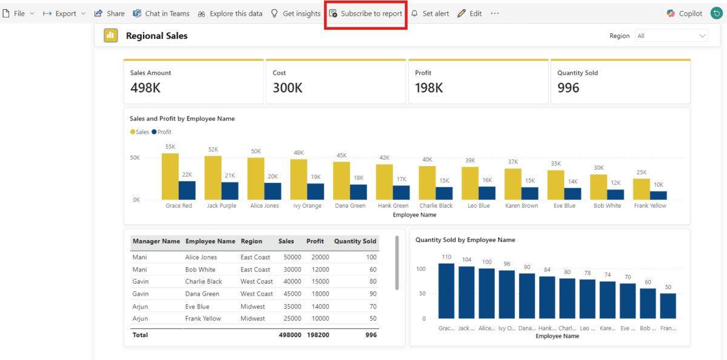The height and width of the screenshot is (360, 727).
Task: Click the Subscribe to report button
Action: pos(366,13)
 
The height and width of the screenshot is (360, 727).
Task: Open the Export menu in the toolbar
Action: pos(64,13)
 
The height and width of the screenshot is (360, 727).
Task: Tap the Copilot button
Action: pos(685,13)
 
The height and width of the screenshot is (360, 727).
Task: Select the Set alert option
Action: pos(430,13)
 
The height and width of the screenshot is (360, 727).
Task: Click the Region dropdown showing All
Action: pos(671,36)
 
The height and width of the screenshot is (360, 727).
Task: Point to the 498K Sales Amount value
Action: pos(145,88)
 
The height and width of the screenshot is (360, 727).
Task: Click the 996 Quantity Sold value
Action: pos(568,88)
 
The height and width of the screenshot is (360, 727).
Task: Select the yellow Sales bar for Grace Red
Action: pos(170,176)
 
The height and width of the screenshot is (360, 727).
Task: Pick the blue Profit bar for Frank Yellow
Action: pos(659,195)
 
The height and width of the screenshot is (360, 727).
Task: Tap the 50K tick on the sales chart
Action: pos(134,158)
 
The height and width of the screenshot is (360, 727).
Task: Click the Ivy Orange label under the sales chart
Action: pos(307,205)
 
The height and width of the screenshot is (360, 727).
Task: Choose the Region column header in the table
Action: pos(251,241)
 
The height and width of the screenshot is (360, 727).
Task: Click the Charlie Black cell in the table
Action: pos(204,282)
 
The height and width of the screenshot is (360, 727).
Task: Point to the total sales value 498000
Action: pos(290,335)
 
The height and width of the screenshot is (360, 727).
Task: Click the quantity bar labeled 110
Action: pos(446,290)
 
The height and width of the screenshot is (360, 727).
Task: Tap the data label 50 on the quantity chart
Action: pos(668,287)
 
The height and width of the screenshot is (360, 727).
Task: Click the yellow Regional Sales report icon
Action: pos(111,36)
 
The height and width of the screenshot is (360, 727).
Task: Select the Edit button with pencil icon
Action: pos(470,13)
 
